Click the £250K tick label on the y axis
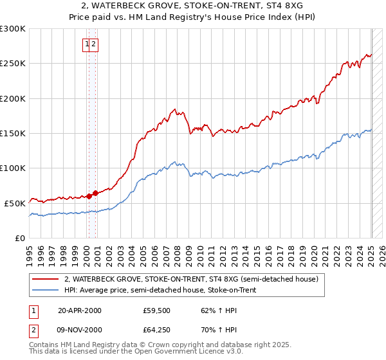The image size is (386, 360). (14, 64)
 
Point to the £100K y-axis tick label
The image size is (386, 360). (14, 168)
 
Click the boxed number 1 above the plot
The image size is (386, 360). (87, 44)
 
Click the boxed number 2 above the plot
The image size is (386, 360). (94, 44)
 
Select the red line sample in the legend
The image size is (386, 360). (46, 279)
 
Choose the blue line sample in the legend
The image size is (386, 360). (46, 290)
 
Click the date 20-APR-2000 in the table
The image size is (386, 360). (79, 310)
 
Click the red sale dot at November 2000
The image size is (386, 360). (95, 193)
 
